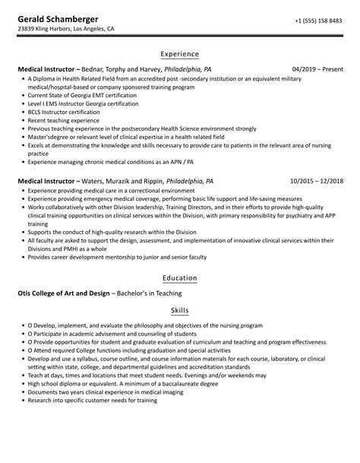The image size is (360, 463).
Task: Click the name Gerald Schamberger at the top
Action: pyautogui.click(x=57, y=18)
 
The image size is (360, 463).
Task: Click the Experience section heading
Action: pyautogui.click(x=180, y=54)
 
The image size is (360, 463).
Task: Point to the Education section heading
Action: pyautogui.click(x=180, y=277)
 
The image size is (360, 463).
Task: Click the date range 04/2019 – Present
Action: pyautogui.click(x=318, y=68)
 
